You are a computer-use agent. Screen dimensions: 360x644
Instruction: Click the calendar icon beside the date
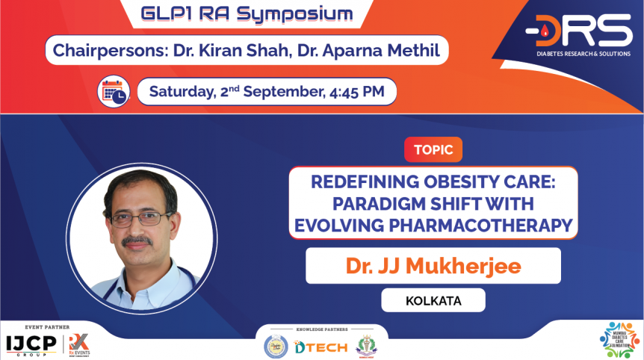114,92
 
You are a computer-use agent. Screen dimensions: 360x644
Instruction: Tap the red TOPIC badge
433,149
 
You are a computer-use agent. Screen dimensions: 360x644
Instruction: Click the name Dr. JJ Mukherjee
433,266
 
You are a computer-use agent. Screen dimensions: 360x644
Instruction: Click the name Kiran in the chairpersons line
228,51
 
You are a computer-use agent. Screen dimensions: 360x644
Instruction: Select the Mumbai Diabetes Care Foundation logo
619,339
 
